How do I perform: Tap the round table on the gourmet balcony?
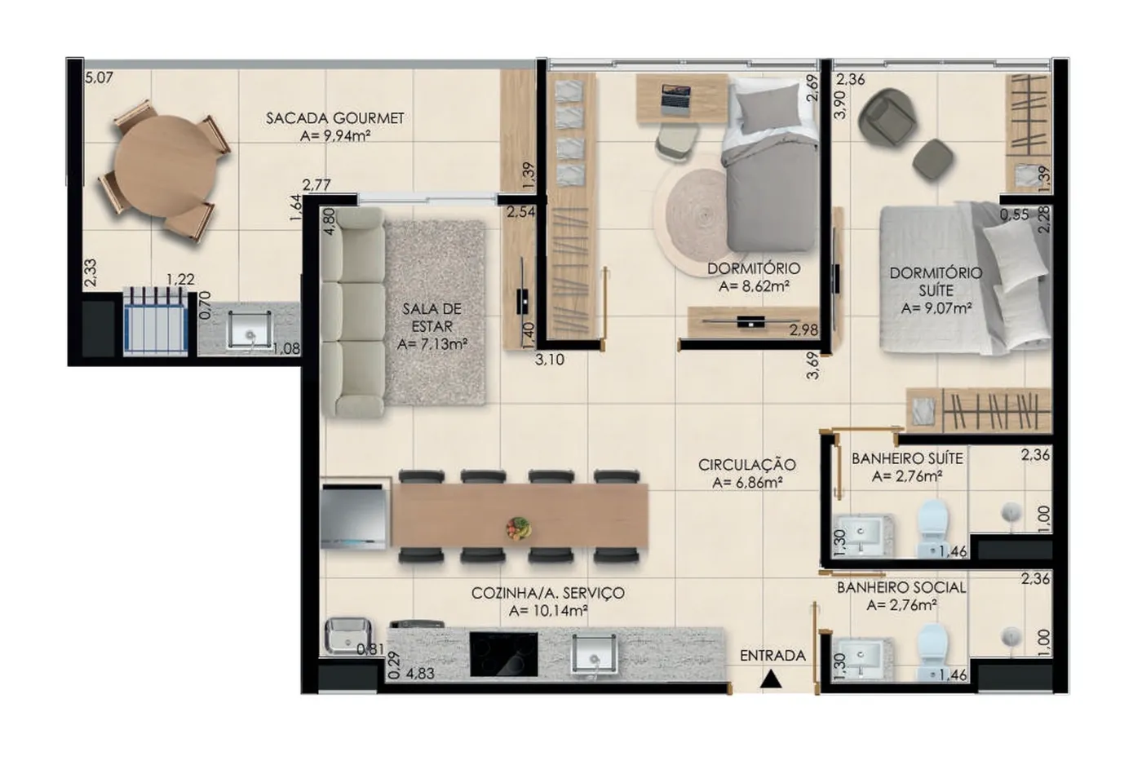click(x=165, y=166)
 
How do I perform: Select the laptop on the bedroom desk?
click(x=675, y=99)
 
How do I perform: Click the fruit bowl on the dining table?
click(x=519, y=528)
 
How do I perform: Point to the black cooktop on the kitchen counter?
click(x=503, y=654)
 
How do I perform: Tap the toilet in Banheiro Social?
click(x=932, y=652)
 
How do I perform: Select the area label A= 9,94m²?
click(x=334, y=136)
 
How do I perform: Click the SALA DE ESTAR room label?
click(x=432, y=317)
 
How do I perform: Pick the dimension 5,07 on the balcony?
click(x=99, y=78)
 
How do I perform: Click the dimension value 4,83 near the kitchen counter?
click(x=420, y=674)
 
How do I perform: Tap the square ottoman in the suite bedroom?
click(x=933, y=160)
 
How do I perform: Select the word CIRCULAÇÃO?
click(x=747, y=465)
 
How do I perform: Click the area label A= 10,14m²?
click(x=548, y=610)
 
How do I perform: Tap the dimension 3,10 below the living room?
click(x=550, y=360)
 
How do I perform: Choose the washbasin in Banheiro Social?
click(x=861, y=657)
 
